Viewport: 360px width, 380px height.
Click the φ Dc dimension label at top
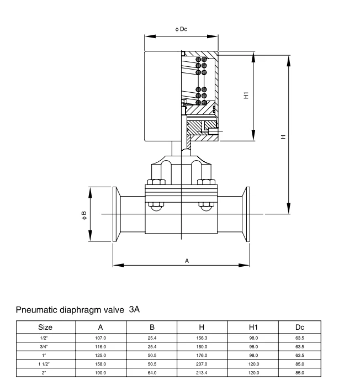(x=181, y=29)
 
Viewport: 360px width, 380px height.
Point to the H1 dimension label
(x=246, y=96)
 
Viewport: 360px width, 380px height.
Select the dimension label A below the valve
(x=187, y=260)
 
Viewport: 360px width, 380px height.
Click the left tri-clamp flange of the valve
(x=117, y=214)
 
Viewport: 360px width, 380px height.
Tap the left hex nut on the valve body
(x=155, y=183)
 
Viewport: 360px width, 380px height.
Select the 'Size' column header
(x=45, y=327)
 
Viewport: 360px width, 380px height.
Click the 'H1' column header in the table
(x=253, y=327)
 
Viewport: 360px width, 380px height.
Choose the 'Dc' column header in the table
(x=300, y=327)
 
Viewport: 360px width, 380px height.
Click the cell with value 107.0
(x=101, y=337)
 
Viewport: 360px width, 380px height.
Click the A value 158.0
(x=101, y=364)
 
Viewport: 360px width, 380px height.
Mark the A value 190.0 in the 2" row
(x=101, y=373)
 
